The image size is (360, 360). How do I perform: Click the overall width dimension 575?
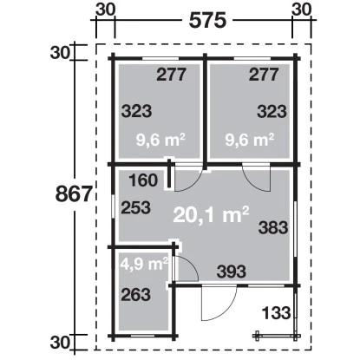(207, 21)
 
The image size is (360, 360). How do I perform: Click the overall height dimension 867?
(74, 193)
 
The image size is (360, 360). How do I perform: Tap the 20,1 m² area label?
(211, 214)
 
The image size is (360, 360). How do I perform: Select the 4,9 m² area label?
(144, 264)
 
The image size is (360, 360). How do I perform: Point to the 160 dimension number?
(143, 180)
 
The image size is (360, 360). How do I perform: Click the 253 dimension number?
(136, 207)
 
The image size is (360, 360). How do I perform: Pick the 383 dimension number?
(273, 227)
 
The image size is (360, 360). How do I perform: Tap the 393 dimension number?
(232, 272)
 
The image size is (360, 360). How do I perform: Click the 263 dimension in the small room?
(136, 295)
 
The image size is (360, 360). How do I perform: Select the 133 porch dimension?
(276, 313)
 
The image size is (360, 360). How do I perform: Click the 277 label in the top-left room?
(171, 75)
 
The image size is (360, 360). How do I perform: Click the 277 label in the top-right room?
(264, 75)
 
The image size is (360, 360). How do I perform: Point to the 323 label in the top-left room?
(136, 111)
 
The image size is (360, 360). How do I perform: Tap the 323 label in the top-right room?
(272, 111)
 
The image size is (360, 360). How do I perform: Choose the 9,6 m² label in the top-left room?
(160, 141)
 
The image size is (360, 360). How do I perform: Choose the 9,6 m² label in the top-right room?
(250, 141)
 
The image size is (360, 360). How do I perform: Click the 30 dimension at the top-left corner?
(106, 10)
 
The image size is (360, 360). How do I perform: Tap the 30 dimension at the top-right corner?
(302, 10)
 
